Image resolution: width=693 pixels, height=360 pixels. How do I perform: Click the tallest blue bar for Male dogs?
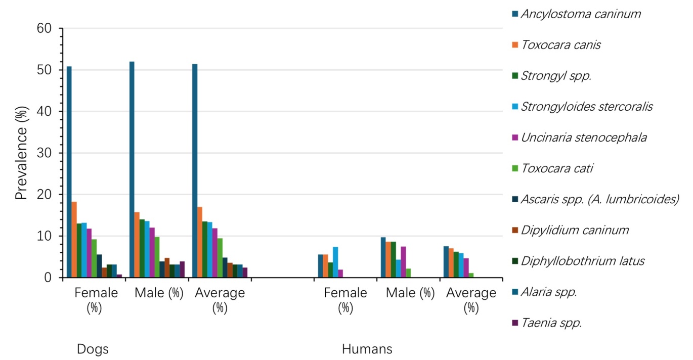pyautogui.click(x=132, y=169)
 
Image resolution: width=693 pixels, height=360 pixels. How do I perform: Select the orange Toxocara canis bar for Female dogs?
pyautogui.click(x=74, y=240)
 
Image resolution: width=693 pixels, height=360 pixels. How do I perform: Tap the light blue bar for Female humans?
pyautogui.click(x=335, y=262)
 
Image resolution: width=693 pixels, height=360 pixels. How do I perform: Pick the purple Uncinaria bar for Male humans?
pyautogui.click(x=404, y=262)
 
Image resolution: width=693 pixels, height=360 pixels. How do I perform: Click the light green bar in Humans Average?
pyautogui.click(x=471, y=275)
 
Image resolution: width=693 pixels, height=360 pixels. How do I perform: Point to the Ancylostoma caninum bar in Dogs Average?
pyautogui.click(x=195, y=171)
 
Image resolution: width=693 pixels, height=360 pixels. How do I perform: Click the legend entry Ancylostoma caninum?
pyautogui.click(x=577, y=14)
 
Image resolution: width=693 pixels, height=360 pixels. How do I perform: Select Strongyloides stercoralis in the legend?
pyautogui.click(x=583, y=107)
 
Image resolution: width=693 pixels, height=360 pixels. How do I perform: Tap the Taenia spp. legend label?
pyautogui.click(x=547, y=323)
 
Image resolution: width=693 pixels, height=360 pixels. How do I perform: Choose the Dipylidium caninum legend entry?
pyautogui.click(x=571, y=230)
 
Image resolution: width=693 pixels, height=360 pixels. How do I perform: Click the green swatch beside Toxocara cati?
pyautogui.click(x=515, y=168)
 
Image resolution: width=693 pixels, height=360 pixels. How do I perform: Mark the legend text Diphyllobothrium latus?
pyautogui.click(x=583, y=261)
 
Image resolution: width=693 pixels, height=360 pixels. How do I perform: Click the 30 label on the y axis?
pyautogui.click(x=44, y=153)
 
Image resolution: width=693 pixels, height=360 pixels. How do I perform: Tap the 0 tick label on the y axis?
pyautogui.click(x=48, y=278)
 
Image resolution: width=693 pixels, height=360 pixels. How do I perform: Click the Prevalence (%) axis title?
pyautogui.click(x=21, y=153)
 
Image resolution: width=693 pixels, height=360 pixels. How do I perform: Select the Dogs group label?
pyautogui.click(x=93, y=349)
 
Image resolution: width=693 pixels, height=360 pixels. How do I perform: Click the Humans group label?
pyautogui.click(x=367, y=349)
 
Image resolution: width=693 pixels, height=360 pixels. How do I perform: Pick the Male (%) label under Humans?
pyautogui.click(x=410, y=293)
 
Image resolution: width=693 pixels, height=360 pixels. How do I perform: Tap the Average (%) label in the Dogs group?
pyautogui.click(x=220, y=300)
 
